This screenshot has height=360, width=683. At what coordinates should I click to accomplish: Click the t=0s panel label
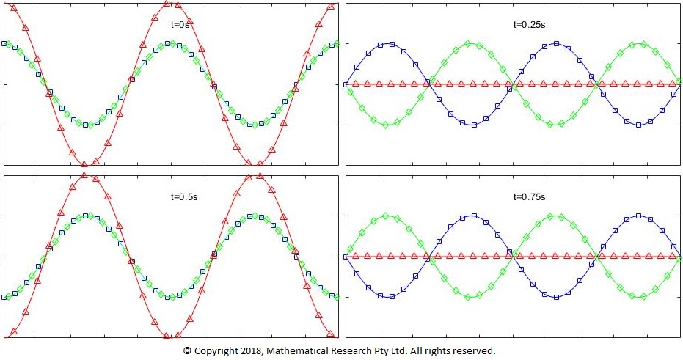(179, 24)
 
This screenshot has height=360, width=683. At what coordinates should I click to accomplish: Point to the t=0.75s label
(530, 196)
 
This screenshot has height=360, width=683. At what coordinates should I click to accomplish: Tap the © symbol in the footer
(187, 351)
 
